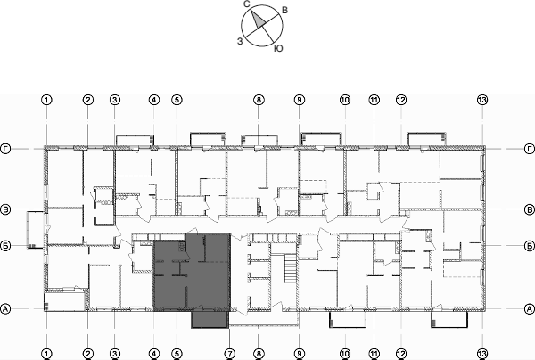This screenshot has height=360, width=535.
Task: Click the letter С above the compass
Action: tap(246, 4)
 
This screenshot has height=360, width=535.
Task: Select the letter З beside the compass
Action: tap(239, 40)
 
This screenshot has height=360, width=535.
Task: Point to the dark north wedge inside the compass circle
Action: tap(256, 18)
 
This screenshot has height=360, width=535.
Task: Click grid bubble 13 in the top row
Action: tap(482, 100)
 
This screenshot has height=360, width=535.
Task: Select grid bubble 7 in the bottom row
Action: tap(229, 353)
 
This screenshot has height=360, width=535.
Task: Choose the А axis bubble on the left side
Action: tap(6, 308)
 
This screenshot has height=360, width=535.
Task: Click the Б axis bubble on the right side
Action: tap(529, 243)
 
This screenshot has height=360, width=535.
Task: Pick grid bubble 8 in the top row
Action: tap(258, 100)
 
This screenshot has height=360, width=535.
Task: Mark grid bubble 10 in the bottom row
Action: tap(344, 353)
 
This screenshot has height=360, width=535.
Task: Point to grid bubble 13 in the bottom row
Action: tap(482, 353)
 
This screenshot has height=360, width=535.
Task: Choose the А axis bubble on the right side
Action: tap(529, 308)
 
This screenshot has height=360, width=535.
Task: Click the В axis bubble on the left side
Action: tap(6, 210)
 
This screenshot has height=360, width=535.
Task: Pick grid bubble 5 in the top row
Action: tap(177, 100)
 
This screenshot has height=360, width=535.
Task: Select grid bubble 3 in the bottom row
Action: tap(114, 353)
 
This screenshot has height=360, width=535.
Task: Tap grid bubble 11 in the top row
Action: tap(374, 100)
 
